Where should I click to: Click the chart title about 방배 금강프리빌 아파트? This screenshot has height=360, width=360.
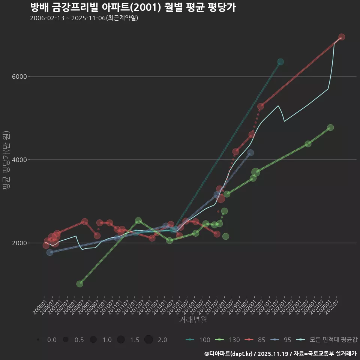[x=133, y=7]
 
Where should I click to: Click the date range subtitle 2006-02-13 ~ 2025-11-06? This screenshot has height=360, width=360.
[x=84, y=18]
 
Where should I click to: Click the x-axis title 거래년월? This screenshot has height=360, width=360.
[x=193, y=319]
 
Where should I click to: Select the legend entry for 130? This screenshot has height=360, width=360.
[x=228, y=340]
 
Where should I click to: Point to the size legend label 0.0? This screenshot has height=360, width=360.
[x=52, y=340]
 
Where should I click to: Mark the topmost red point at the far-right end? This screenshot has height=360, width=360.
[x=342, y=37]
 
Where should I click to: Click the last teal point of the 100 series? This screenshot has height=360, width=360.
[x=280, y=62]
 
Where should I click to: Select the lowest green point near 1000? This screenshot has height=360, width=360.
[x=79, y=284]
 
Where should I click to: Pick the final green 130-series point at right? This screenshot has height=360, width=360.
[x=330, y=127]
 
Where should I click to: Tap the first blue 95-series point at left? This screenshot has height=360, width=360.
[x=50, y=252]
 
